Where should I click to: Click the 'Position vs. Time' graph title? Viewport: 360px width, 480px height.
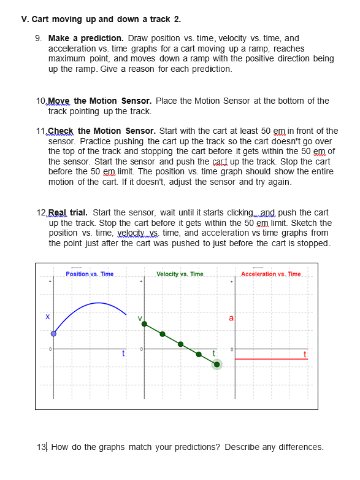point(90,274)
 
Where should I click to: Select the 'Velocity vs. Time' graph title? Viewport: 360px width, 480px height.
point(180,274)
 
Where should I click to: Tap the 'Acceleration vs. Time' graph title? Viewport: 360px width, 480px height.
point(271,274)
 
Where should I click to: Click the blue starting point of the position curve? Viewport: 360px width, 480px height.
point(53,334)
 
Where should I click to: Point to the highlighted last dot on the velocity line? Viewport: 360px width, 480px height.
point(216,365)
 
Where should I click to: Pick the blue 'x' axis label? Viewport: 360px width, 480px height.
point(47,317)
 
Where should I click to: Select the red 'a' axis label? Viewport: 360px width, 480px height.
point(231,318)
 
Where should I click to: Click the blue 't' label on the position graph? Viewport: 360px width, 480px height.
point(123,353)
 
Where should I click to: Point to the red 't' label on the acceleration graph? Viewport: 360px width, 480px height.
point(305,354)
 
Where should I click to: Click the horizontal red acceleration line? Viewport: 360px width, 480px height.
point(270,358)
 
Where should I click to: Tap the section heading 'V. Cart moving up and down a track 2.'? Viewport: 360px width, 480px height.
point(101,19)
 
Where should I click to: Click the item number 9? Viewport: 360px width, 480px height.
point(38,38)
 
